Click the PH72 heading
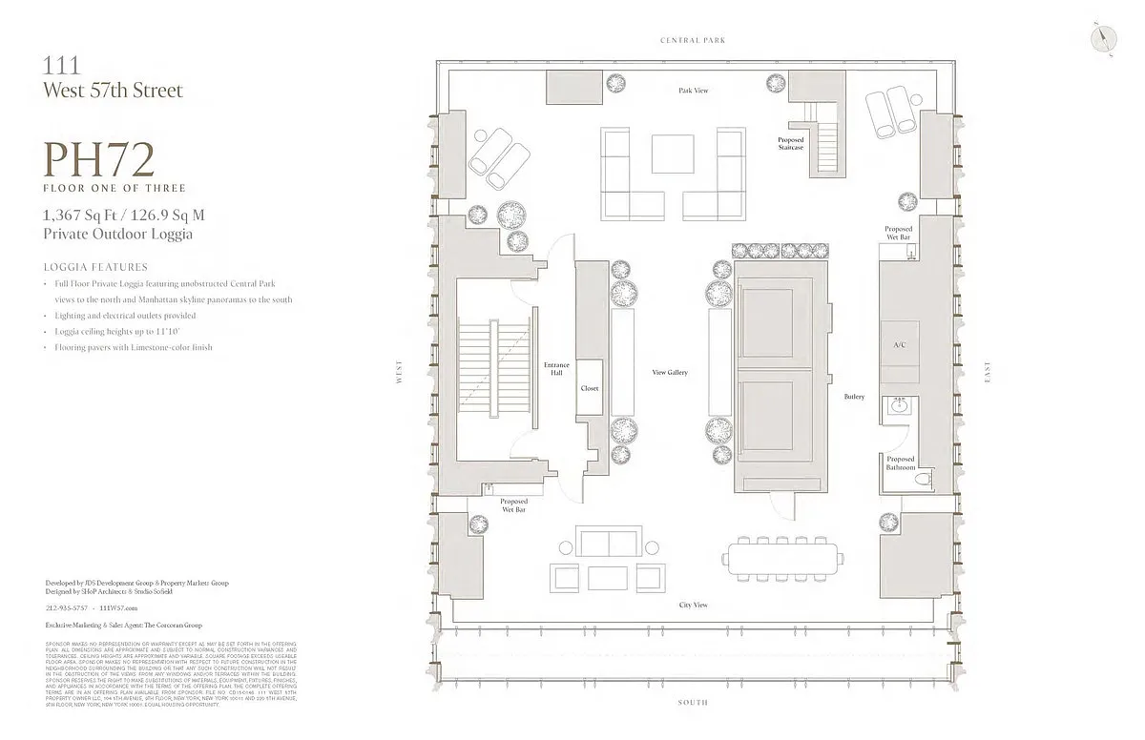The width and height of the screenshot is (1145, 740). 99,160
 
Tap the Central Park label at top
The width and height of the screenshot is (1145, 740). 693,40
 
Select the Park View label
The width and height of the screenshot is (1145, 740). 693,91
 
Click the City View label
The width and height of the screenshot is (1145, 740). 693,606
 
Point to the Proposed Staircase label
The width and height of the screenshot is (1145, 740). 791,144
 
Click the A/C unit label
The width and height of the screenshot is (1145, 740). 899,343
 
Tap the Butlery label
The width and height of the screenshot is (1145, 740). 854,397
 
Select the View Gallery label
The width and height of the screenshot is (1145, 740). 670,372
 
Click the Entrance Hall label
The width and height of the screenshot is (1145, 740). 556,368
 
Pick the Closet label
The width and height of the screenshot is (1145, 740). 589,389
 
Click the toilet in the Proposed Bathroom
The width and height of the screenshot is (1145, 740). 921,482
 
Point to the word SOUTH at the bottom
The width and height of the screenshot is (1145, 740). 693,703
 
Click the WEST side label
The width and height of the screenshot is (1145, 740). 402,378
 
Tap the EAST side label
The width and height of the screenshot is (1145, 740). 989,371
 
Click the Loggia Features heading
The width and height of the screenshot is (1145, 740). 95,267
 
